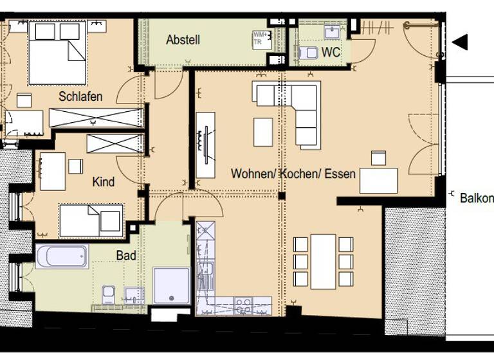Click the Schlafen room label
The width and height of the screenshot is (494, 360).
(x=80, y=96)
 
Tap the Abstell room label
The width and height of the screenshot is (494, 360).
(x=183, y=40)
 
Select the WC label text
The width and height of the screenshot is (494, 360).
(x=331, y=53)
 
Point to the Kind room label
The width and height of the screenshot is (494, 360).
(x=104, y=182)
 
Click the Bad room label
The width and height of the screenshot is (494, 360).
(x=126, y=255)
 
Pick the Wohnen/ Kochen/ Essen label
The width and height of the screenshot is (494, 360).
(x=293, y=174)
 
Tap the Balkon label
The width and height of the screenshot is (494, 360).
(x=477, y=198)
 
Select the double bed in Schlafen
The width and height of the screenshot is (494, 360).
(x=57, y=53)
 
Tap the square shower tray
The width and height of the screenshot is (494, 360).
(x=172, y=285)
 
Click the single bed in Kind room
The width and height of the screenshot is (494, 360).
(x=91, y=220)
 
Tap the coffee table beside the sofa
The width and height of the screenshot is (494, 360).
(x=263, y=132)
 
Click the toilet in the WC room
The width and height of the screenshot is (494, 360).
(x=309, y=53)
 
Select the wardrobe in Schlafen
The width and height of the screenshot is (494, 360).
(x=96, y=118)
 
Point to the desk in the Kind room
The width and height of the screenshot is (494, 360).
(x=53, y=171)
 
